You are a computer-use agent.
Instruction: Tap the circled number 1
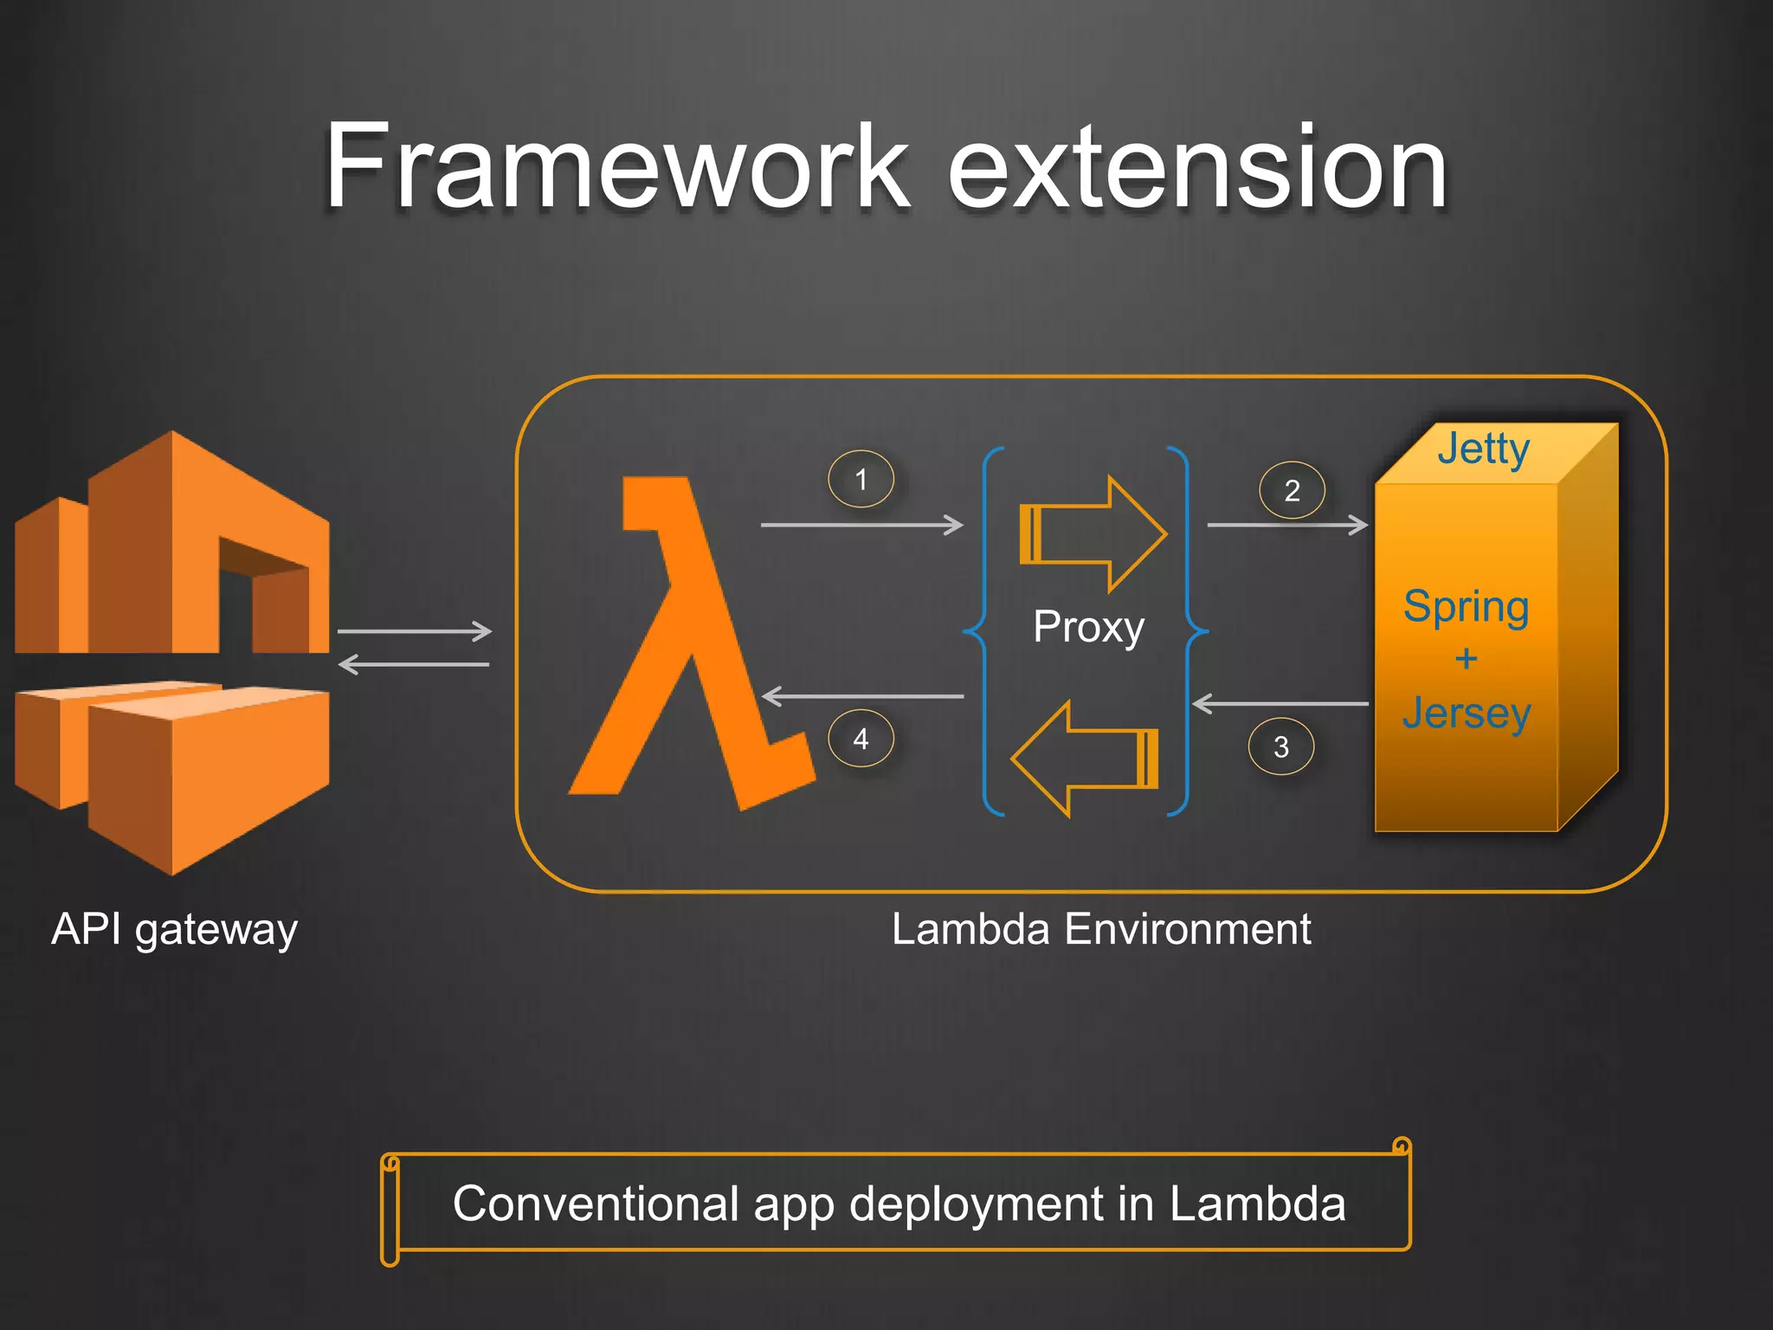861,479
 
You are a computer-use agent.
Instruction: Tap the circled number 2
1292,491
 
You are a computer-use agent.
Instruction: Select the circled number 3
1281,746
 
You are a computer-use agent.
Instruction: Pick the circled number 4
861,739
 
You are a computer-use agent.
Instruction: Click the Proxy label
1088,626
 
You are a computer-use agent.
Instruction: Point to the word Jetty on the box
1483,449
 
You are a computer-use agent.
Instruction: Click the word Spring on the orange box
1466,607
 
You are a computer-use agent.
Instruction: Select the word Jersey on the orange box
1467,713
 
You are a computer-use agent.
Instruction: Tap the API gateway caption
174,930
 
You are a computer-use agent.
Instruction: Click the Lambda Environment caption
1101,930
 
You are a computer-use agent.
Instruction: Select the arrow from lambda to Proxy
861,525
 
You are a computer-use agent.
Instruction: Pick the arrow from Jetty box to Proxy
1280,704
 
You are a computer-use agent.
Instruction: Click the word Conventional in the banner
595,1204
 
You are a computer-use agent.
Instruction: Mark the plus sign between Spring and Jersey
1466,660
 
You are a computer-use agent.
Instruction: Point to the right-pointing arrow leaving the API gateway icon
414,631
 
